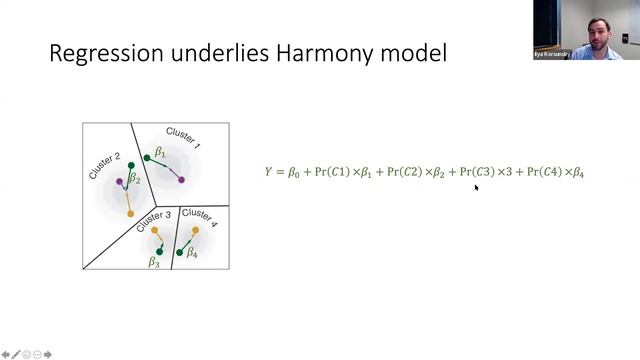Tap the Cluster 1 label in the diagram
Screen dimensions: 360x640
183,137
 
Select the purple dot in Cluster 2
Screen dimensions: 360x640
121,181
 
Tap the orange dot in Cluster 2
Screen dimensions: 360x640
130,214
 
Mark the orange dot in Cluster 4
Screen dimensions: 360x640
196,231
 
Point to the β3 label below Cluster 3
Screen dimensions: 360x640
154,263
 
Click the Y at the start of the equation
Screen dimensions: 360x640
268,172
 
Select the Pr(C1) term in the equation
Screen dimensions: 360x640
330,172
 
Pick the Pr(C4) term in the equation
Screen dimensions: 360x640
544,172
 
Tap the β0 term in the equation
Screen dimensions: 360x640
293,173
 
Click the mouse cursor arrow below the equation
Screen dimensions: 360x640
476,187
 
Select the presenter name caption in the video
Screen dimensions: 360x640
554,55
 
